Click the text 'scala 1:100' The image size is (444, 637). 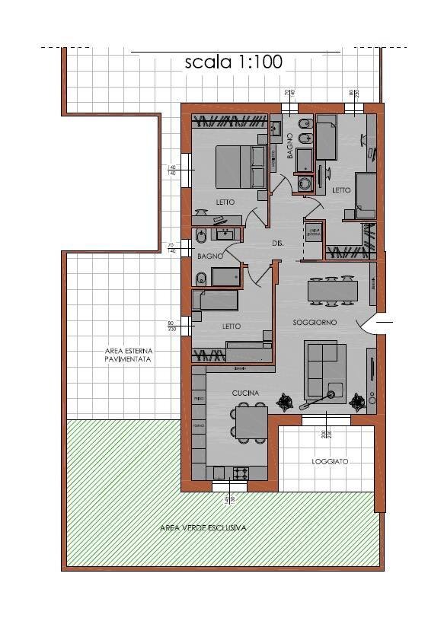pyautogui.click(x=233, y=63)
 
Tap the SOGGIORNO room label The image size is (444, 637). pyautogui.click(x=315, y=323)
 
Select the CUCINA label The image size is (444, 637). pyautogui.click(x=246, y=393)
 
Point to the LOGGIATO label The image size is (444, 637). pyautogui.click(x=329, y=462)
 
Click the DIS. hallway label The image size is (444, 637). pyautogui.click(x=278, y=244)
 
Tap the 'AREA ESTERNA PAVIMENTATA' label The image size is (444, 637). pyautogui.click(x=129, y=355)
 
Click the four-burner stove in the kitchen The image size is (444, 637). pyautogui.click(x=241, y=473)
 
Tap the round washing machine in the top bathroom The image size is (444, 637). pyautogui.click(x=306, y=183)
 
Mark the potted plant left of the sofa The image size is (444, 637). pyautogui.click(x=286, y=400)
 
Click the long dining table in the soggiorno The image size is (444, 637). pyautogui.click(x=333, y=291)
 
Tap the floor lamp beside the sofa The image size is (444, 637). pyautogui.click(x=332, y=393)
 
